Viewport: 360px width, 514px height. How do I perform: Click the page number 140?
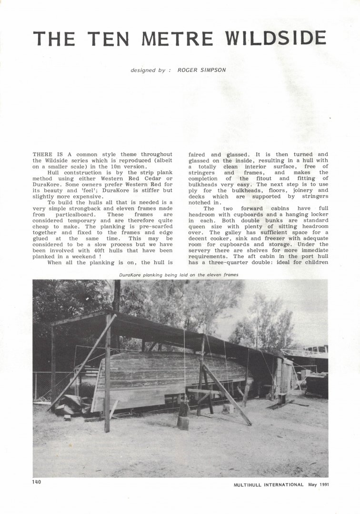click(x=37, y=482)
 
